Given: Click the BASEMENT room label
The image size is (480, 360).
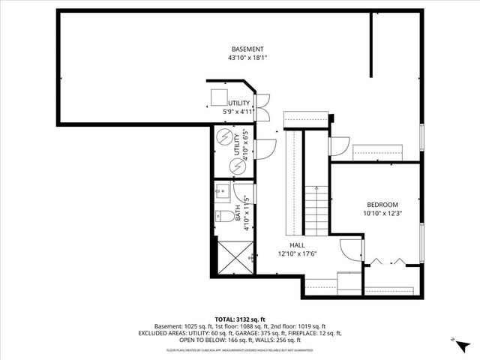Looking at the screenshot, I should tap(247, 49).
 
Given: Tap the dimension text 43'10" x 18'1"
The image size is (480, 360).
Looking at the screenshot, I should tap(247, 58).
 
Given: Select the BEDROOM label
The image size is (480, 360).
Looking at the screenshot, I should tap(382, 205).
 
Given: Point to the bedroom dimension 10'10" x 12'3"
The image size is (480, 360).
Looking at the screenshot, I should tap(382, 214).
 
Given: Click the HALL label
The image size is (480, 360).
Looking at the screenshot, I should tap(297, 245).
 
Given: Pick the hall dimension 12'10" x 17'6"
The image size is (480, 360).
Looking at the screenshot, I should tap(297, 253).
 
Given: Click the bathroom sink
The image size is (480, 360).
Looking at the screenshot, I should tap(221, 190).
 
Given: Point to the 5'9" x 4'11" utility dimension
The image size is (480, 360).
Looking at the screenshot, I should tap(239, 112).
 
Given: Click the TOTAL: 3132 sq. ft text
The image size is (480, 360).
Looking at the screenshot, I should tap(239, 319).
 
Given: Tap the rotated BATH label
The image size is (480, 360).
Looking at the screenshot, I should tap(238, 217).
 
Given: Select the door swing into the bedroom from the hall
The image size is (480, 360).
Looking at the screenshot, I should tap(350, 250).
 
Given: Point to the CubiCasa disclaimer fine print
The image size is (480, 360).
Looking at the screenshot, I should tap(239, 349).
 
